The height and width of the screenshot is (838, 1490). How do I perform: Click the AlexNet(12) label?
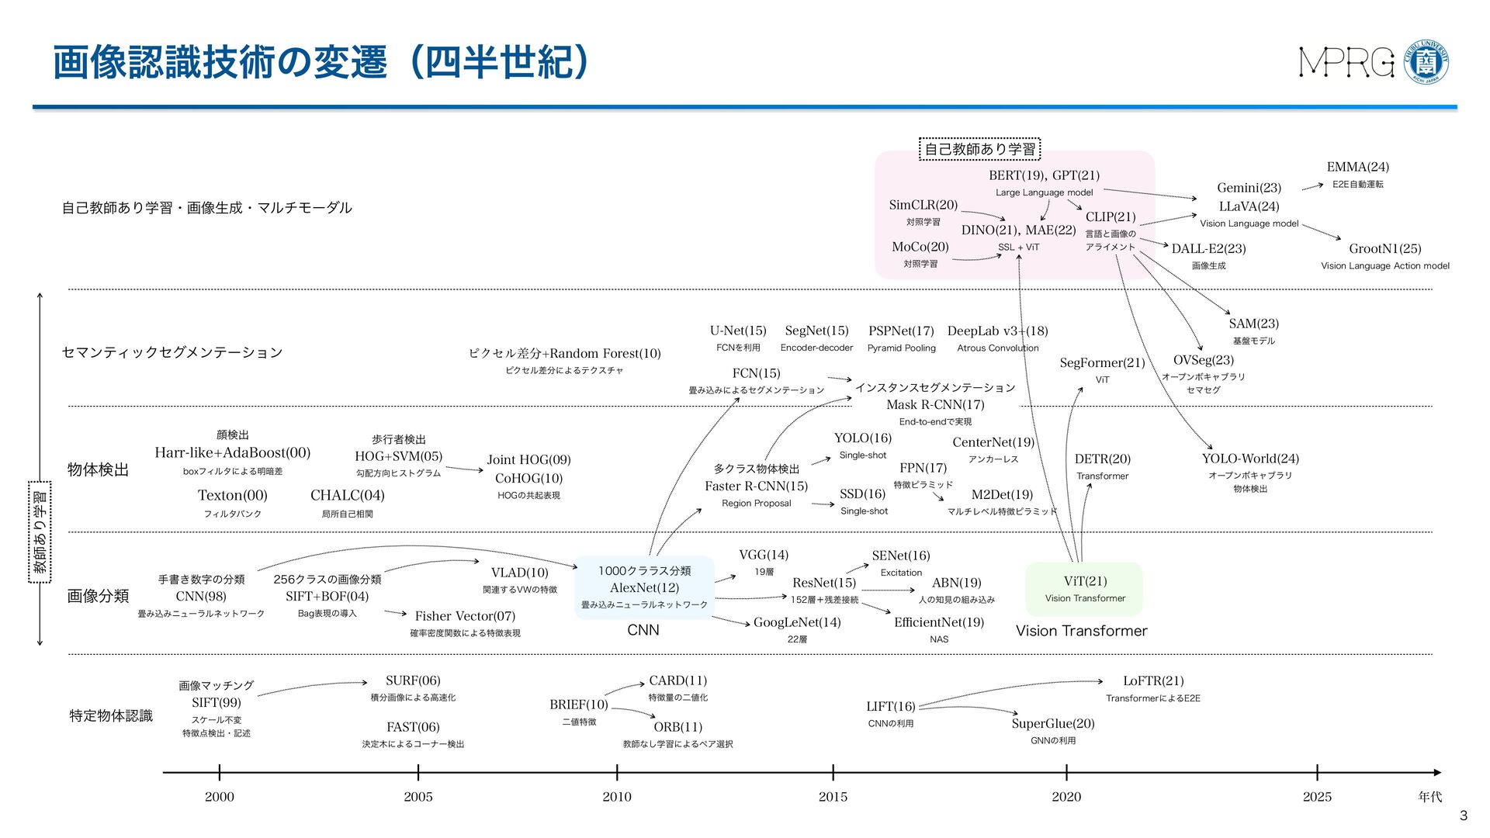coord(644,588)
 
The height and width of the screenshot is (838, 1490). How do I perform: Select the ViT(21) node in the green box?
coord(1085,581)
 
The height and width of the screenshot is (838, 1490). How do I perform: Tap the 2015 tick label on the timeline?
coord(833,797)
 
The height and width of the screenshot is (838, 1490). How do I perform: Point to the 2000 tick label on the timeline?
coord(219,797)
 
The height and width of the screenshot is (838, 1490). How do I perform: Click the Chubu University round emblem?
coord(1427,62)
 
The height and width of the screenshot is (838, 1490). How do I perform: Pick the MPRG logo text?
coord(1346,63)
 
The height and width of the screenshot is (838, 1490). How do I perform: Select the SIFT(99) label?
coord(216,703)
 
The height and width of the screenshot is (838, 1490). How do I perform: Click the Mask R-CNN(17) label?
coord(935,405)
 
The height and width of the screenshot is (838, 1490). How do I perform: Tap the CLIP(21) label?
coord(1110,217)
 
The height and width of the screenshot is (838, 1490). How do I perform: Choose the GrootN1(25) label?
coord(1384,249)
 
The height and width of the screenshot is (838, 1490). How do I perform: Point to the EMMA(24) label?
coord(1357,168)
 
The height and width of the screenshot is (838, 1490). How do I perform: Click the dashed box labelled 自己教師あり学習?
coord(979,149)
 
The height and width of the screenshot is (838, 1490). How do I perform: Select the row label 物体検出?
coord(98,470)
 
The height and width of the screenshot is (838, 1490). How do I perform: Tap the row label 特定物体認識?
coord(111,715)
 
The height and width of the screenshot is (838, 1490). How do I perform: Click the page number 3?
coord(1464,815)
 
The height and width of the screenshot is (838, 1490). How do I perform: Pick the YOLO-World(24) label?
coord(1249,459)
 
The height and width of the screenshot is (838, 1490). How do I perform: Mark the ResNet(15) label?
coord(823,583)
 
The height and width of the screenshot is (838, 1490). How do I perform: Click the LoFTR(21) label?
coord(1153,681)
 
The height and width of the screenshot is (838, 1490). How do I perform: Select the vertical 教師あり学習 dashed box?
coord(40,532)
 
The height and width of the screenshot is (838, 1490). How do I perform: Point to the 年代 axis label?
coord(1429,797)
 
